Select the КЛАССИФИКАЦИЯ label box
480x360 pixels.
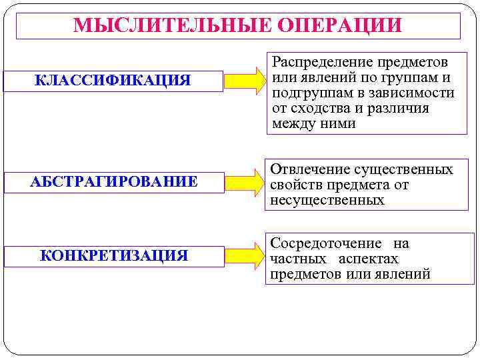click(113, 81)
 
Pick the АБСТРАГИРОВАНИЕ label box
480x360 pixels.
click(114, 182)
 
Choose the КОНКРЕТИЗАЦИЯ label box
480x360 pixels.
click(114, 256)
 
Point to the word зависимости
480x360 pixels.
click(417, 93)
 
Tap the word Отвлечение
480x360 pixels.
click(309, 170)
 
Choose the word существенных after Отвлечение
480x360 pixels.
click(403, 170)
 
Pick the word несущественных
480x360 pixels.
click(327, 200)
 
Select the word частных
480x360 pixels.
click(298, 259)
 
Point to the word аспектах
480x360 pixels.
click(368, 259)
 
